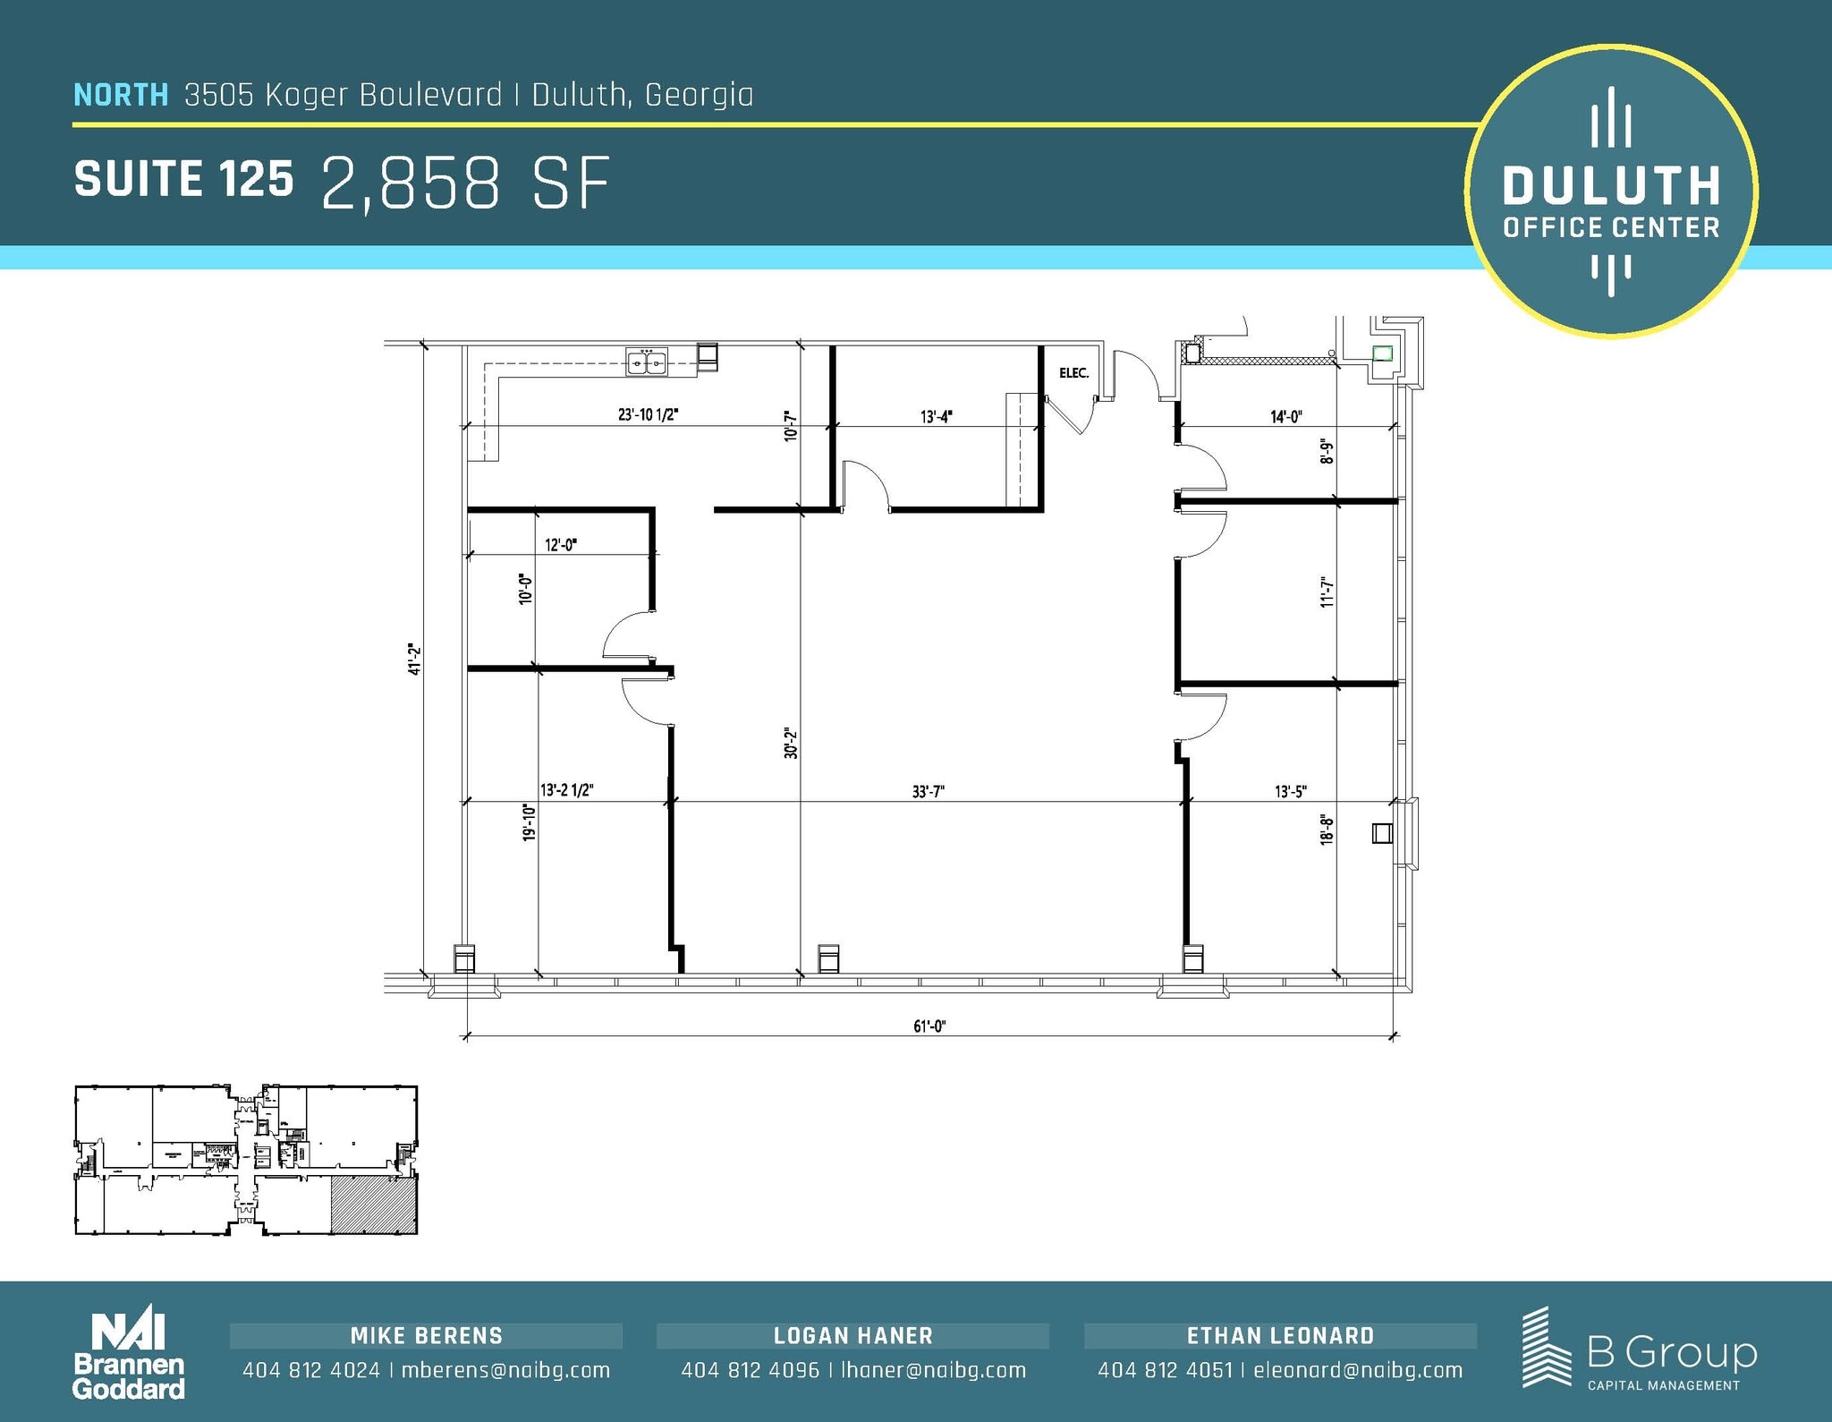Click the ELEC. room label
pos(1073,373)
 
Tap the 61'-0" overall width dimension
pos(929,1026)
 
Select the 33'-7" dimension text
pos(929,791)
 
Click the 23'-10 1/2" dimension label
pos(649,414)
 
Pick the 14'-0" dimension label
pos(1285,416)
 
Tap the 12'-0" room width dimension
pos(561,544)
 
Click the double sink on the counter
pos(647,362)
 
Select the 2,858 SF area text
pos(465,183)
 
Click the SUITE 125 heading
pos(183,179)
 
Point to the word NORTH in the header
pos(121,95)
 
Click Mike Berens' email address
pos(505,1370)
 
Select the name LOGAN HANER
pos(852,1336)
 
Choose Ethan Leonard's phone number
pos(1165,1370)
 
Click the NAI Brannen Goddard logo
pos(129,1355)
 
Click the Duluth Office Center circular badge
pos(1611,192)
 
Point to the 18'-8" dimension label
pos(1327,830)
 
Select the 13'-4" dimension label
pos(936,416)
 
